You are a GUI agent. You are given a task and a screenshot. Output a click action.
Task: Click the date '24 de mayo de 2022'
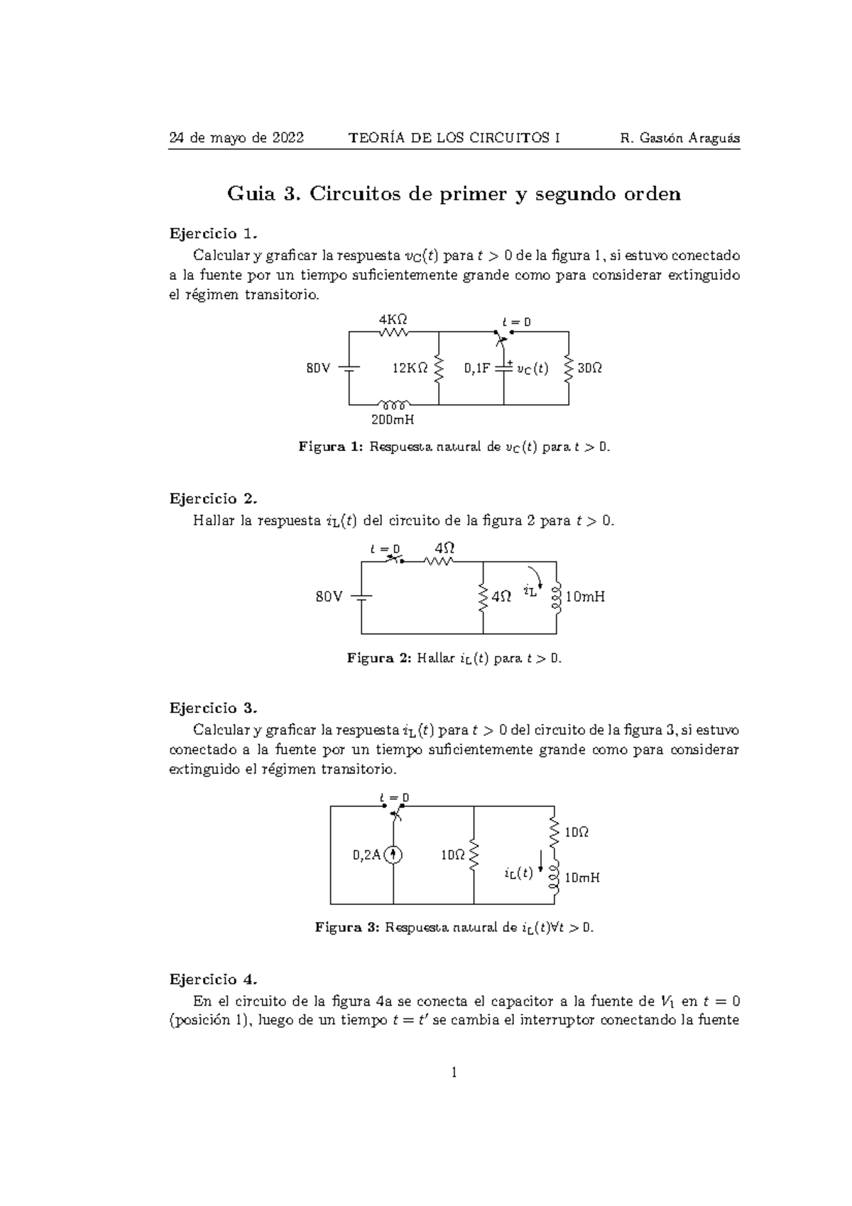(236, 138)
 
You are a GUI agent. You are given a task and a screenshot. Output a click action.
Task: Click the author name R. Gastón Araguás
(679, 138)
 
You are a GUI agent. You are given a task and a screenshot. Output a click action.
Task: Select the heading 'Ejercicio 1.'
(211, 234)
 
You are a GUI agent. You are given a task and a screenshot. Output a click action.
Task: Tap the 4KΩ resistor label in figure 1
(393, 320)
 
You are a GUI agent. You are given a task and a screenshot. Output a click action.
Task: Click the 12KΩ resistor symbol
(439, 368)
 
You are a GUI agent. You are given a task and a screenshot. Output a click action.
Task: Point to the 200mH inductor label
(393, 420)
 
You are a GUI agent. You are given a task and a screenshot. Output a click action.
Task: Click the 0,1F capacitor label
(477, 369)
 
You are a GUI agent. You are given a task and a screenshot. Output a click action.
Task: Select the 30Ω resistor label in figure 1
(590, 369)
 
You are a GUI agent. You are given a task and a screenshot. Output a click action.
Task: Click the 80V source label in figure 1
(318, 369)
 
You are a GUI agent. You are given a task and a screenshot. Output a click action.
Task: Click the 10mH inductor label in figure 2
(585, 597)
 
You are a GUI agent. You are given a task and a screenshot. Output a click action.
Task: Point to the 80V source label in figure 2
(329, 597)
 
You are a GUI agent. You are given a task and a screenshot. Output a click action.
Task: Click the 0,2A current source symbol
(393, 855)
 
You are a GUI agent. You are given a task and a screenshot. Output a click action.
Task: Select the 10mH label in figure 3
(581, 878)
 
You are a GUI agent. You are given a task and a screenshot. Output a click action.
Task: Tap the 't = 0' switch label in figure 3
(395, 798)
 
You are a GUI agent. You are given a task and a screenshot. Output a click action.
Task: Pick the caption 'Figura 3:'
(347, 928)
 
